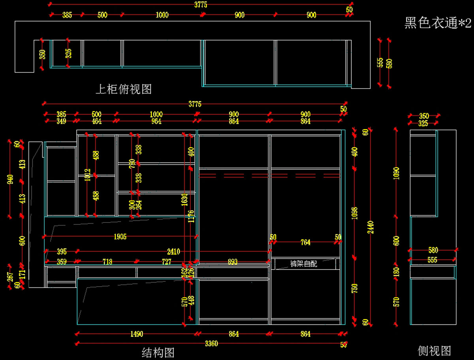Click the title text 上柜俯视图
tap(124, 89)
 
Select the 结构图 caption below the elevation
tap(158, 352)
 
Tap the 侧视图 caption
tap(434, 351)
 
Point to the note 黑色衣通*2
tap(438, 23)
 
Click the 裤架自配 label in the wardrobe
tap(303, 264)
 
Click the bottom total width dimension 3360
tap(211, 343)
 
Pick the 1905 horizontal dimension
tap(120, 237)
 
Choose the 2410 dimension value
tap(173, 251)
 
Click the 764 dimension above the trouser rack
tap(305, 242)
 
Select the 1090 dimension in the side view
tap(397, 173)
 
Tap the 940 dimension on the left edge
tap(10, 179)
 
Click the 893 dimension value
tap(233, 262)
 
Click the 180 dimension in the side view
tap(397, 272)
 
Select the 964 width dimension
tap(156, 121)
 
